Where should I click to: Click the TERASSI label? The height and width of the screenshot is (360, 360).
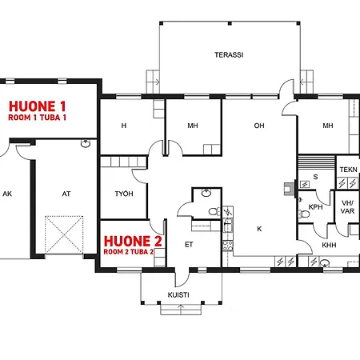point(229,55)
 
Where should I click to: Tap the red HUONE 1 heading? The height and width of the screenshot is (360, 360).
point(37,106)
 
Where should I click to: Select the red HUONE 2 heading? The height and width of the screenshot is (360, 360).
point(133,242)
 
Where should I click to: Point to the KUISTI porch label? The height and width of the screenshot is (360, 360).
point(178,295)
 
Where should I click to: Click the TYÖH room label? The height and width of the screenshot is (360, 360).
point(124,194)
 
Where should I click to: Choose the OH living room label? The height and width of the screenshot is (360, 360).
point(259,126)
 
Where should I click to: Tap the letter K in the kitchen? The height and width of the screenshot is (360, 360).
point(259,229)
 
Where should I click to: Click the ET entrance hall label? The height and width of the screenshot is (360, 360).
point(189,245)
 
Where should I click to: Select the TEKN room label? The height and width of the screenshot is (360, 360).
point(348,170)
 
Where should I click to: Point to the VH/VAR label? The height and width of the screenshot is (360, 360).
point(347,207)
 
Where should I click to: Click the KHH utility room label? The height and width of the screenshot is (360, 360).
point(329,245)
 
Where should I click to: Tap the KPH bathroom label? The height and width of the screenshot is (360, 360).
point(315,207)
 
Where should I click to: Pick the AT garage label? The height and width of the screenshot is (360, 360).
point(66,194)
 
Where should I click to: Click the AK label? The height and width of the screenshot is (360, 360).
point(7,194)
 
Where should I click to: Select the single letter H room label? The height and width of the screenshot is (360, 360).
point(124,126)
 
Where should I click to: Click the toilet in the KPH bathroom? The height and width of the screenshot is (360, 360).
point(304,214)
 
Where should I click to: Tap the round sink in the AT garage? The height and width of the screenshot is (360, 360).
point(86,144)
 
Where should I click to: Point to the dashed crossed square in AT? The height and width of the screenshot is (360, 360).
point(64,235)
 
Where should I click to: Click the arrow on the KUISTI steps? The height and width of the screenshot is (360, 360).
point(181,310)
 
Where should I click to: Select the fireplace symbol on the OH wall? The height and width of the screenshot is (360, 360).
point(290,188)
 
